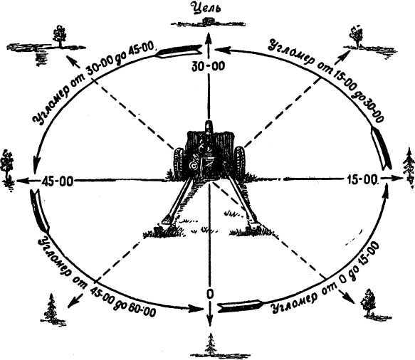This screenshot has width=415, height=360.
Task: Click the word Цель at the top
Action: coord(206,8)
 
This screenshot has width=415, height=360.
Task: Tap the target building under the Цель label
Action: coord(209,21)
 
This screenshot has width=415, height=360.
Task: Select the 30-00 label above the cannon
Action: coord(209,66)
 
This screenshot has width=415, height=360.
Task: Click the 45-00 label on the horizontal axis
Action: coord(57,181)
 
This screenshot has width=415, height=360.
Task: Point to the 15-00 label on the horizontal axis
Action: coord(362,180)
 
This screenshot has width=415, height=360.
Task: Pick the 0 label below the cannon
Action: coord(209,294)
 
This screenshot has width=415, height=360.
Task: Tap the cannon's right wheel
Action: coord(240,162)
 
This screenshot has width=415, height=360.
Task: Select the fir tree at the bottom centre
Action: coord(211,344)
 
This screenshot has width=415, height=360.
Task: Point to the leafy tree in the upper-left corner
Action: coord(60,36)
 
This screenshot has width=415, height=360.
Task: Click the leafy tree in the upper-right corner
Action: coord(357,36)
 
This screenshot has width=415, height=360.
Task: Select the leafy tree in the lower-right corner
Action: coord(368,302)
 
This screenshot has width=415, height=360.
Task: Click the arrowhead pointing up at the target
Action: coord(209,38)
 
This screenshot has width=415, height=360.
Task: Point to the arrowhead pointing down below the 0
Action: coord(210,322)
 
